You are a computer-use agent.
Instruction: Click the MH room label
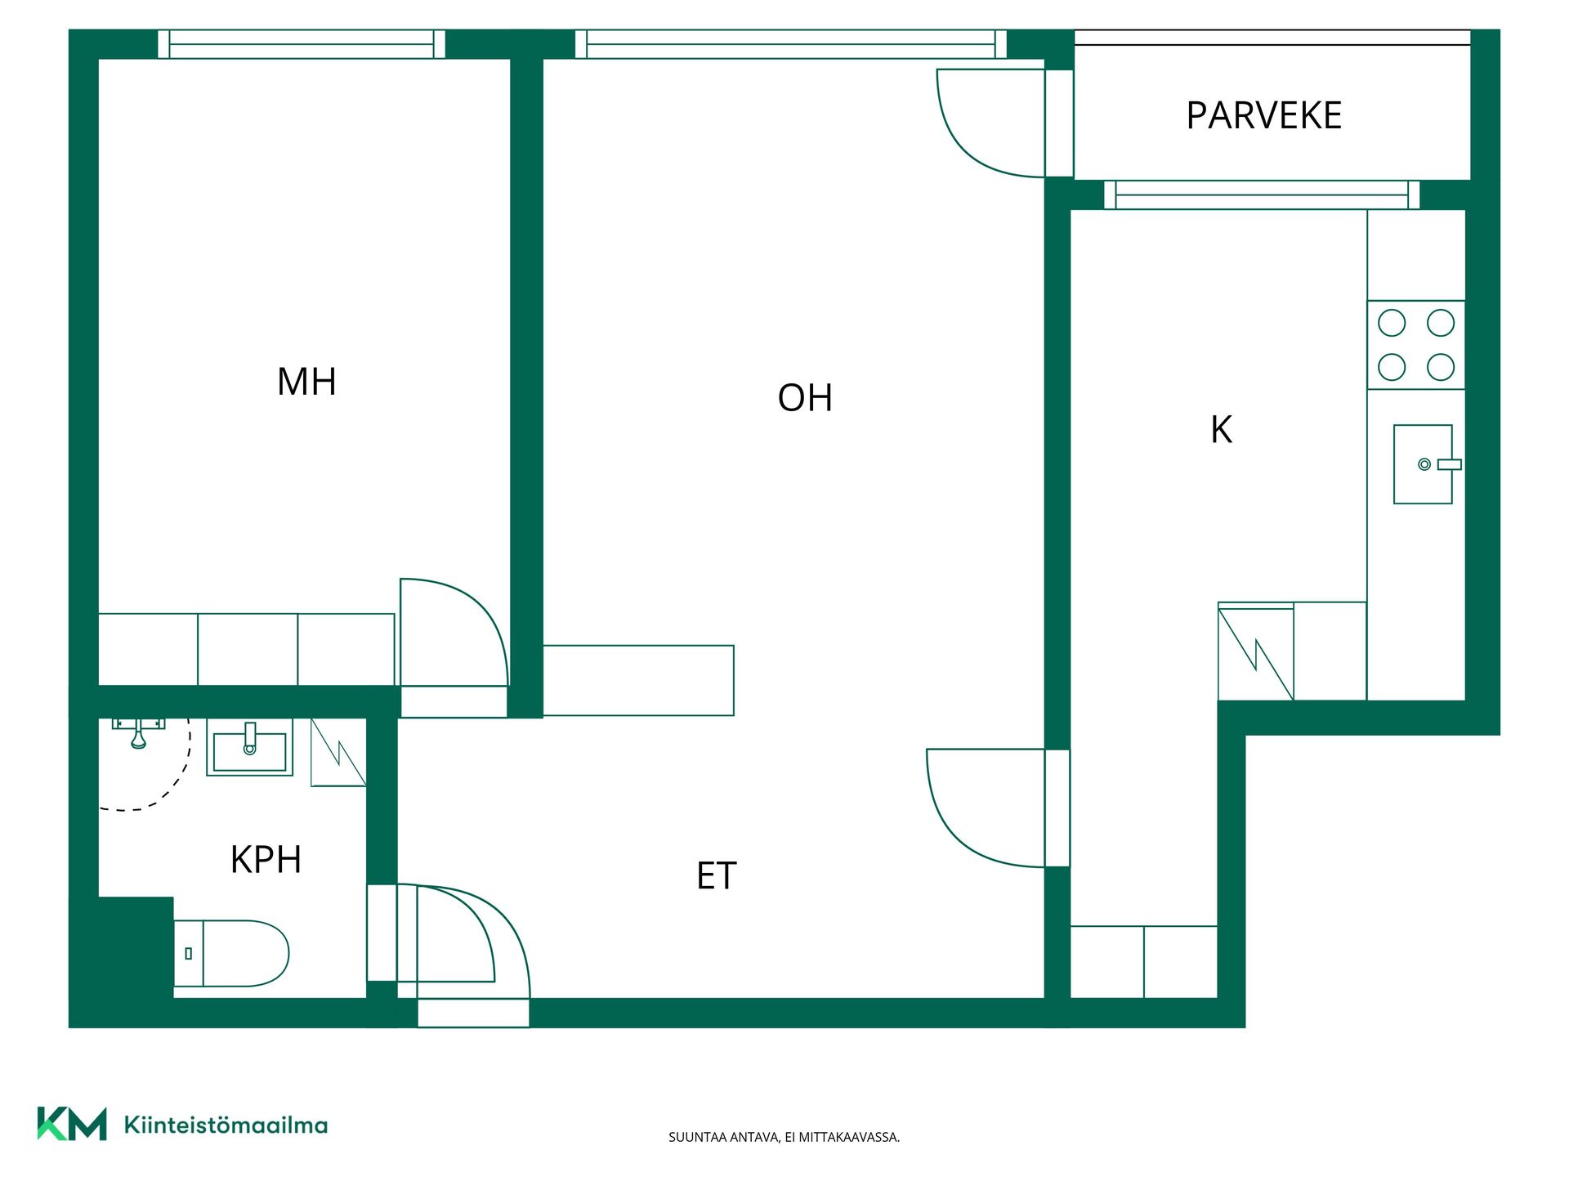306,382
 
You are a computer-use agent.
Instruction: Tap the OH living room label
805,398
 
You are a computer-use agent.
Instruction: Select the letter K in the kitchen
1221,429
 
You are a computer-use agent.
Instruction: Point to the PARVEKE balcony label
1263,115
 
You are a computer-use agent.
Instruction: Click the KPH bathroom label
266,859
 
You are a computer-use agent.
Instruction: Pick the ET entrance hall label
716,875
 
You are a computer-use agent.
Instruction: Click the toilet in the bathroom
232,953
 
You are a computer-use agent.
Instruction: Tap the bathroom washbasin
249,747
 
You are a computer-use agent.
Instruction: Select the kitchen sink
1425,464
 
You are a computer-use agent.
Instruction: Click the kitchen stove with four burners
1416,345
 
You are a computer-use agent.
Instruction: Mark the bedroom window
302,44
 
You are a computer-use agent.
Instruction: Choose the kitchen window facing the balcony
1262,195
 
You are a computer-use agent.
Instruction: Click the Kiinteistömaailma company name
226,1125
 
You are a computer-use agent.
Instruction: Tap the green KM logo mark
72,1124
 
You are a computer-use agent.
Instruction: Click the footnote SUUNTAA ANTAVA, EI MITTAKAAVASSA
784,1137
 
